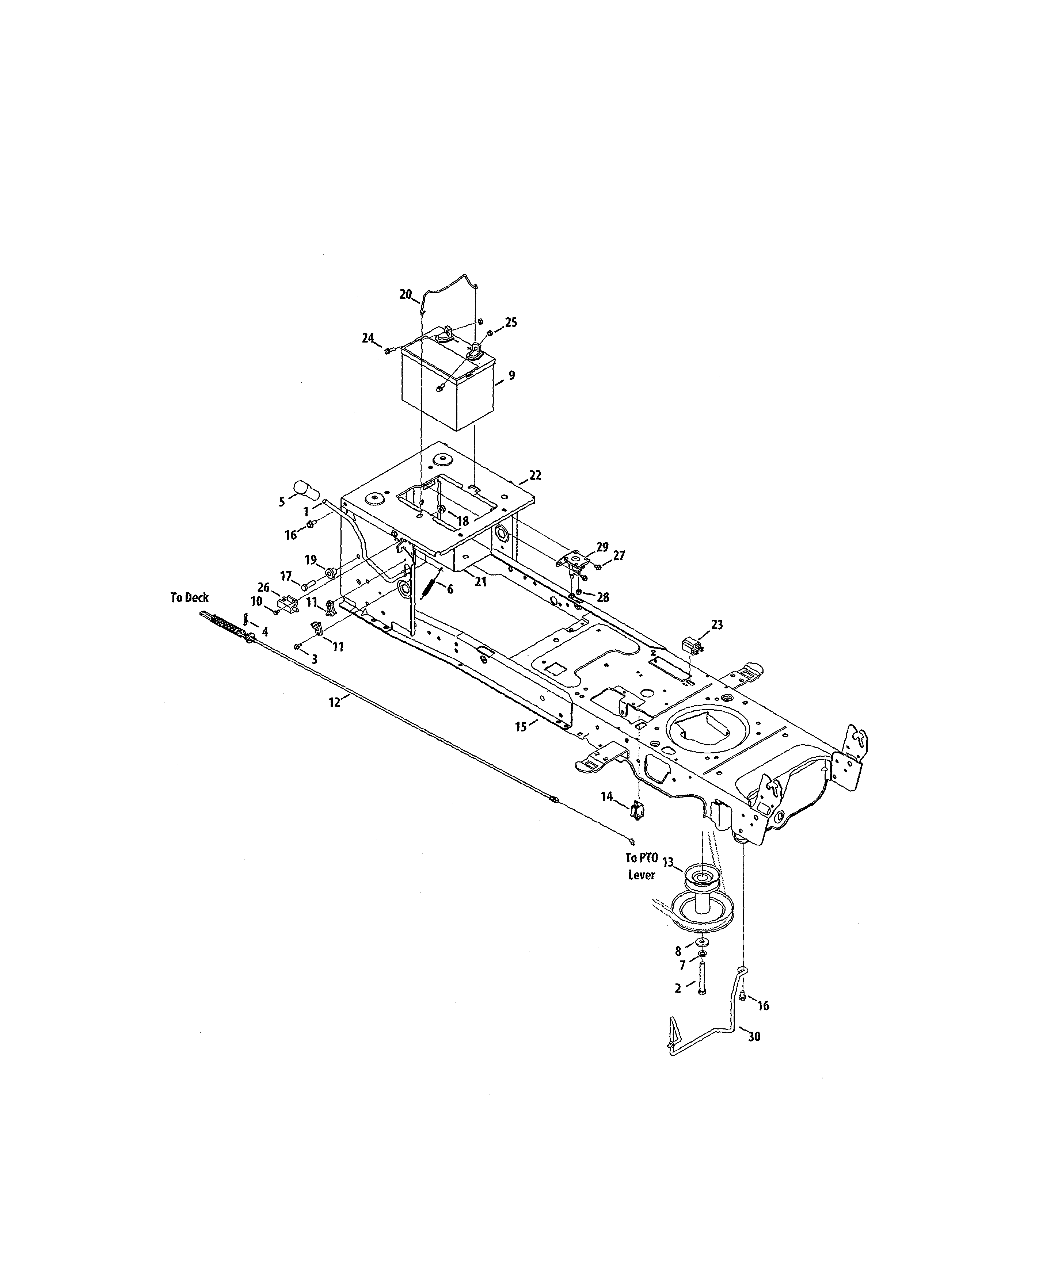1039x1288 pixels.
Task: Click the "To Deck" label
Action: tap(189, 598)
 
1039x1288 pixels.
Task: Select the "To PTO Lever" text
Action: tap(641, 866)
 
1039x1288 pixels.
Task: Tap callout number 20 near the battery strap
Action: tap(406, 294)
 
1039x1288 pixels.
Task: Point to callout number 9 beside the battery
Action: tap(512, 376)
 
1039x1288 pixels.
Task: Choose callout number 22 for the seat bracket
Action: tap(535, 475)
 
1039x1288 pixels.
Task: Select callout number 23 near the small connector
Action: tap(717, 624)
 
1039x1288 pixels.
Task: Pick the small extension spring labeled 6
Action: tap(430, 585)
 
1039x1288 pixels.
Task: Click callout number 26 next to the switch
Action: tap(263, 588)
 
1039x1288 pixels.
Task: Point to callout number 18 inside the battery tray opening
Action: tap(463, 521)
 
